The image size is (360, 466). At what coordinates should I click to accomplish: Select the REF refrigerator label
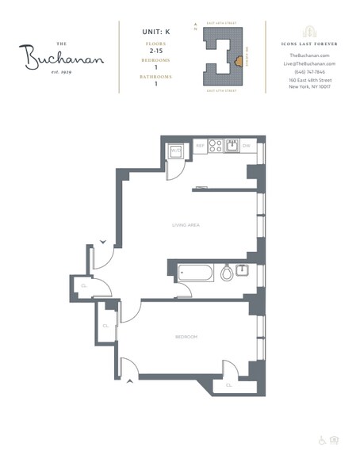[x=200, y=147]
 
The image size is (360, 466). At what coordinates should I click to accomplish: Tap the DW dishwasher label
[x=246, y=147]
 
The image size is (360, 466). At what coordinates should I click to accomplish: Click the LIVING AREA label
[x=186, y=225]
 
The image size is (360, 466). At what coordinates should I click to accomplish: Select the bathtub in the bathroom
[x=195, y=273]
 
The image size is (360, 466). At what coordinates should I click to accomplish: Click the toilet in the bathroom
[x=226, y=273]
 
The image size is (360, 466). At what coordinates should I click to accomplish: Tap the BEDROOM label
[x=186, y=337]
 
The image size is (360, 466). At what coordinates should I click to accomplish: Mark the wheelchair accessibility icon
[x=322, y=440]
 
